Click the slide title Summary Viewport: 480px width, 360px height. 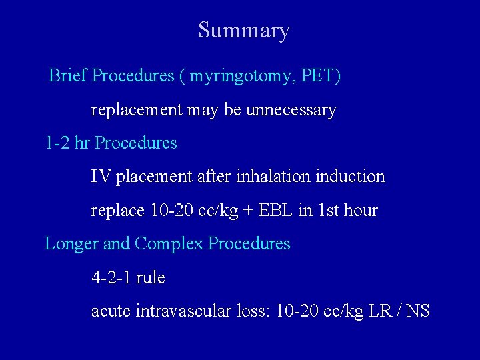(x=244, y=31)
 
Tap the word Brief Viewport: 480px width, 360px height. (x=68, y=76)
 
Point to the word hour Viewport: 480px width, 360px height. (x=361, y=211)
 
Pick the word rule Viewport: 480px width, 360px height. (x=151, y=278)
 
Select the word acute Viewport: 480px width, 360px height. (x=111, y=311)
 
